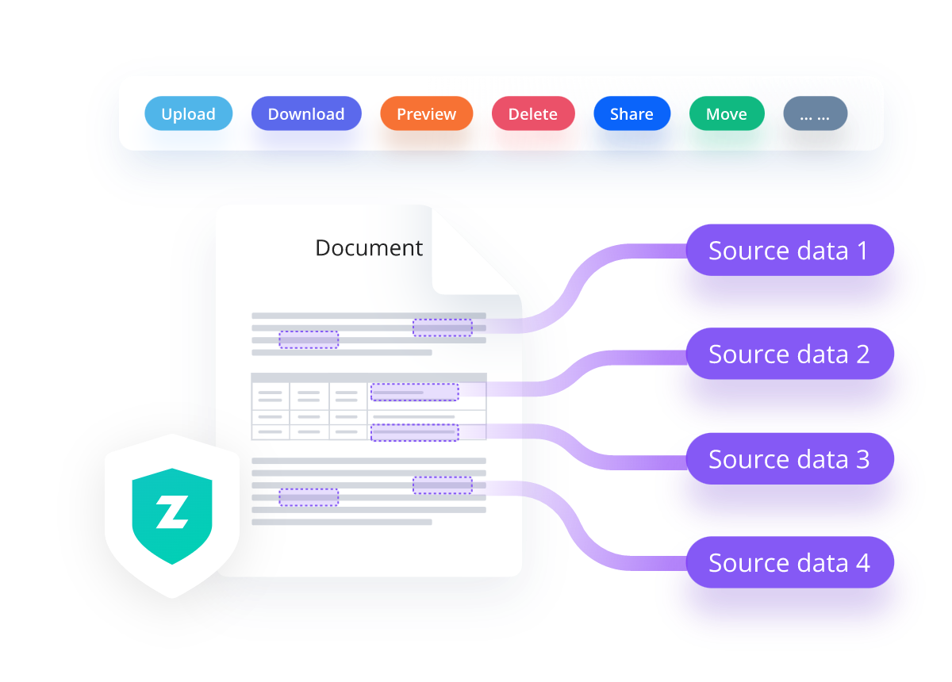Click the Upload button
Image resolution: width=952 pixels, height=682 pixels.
(188, 114)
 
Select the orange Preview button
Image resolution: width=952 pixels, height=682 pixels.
(426, 114)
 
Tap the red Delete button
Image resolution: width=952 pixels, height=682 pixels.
(532, 114)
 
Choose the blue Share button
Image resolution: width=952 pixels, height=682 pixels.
(631, 114)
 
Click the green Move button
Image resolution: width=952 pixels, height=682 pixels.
(726, 114)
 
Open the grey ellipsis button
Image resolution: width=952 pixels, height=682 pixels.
(815, 114)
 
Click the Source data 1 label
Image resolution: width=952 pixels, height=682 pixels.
(789, 251)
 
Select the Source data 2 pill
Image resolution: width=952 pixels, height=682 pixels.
(789, 354)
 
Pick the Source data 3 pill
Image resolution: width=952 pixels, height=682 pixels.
(789, 459)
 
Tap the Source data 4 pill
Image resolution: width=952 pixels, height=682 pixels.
(789, 563)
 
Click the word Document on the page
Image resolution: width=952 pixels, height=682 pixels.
(369, 248)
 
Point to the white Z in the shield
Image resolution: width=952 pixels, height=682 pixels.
(171, 513)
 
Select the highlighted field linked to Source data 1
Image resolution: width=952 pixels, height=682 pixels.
(442, 328)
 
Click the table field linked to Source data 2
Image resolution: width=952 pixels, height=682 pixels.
(414, 392)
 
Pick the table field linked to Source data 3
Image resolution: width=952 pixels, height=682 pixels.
(414, 432)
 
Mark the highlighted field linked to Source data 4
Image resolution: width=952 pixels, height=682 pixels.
(442, 485)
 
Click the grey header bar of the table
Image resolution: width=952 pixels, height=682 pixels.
(368, 377)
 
